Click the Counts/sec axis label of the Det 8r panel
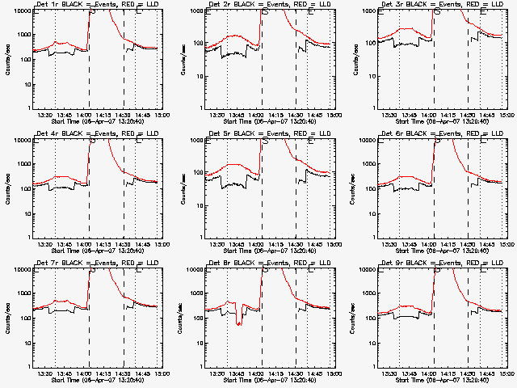[179, 317]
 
